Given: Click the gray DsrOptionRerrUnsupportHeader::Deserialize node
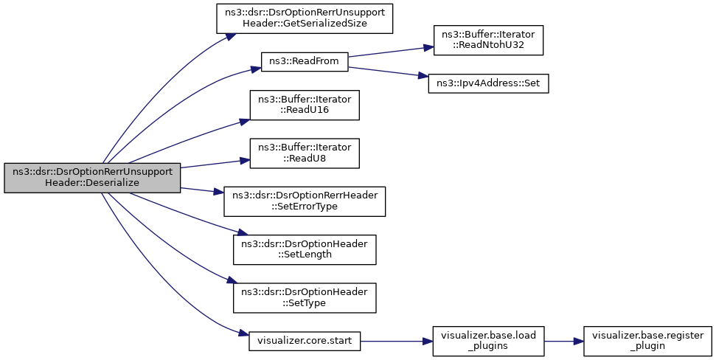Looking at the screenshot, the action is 92,178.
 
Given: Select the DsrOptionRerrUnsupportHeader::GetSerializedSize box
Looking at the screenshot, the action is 305,18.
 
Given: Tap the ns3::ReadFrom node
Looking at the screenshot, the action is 304,62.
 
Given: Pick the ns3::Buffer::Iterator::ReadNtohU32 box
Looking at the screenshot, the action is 488,40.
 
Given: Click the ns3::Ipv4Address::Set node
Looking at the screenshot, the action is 488,83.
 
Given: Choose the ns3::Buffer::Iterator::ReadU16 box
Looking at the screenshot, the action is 305,105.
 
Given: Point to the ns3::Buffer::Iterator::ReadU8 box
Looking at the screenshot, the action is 305,153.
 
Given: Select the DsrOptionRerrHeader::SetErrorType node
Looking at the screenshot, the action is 305,201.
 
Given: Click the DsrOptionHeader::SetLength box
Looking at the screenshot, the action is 305,249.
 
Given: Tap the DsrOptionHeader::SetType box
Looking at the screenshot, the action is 305,298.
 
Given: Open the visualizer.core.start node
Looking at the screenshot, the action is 305,342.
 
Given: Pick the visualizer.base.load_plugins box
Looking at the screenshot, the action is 488,342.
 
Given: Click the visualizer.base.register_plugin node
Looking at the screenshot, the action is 647,342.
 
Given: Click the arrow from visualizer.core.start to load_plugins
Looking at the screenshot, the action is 397,342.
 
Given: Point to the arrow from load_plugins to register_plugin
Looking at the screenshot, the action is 564,342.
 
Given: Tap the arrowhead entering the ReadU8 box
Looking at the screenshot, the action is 246,160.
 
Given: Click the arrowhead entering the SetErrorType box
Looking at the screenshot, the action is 219,192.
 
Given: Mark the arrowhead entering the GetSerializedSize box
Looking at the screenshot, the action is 228,37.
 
